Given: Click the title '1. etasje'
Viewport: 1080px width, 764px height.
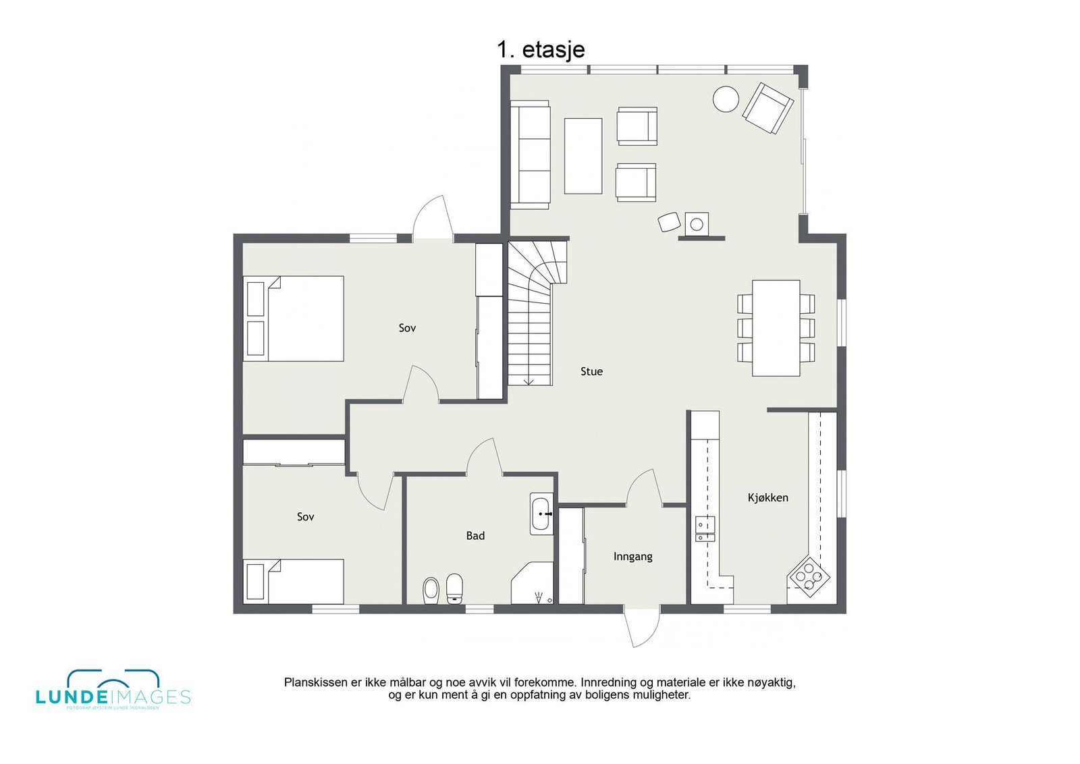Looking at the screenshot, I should point(541,49).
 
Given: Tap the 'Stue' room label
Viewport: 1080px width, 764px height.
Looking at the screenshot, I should point(591,371).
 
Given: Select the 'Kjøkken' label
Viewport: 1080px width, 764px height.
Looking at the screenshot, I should point(767,497).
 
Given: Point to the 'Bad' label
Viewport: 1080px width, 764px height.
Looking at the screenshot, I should point(475,535).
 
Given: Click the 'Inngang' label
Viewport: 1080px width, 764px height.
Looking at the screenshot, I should point(632,557).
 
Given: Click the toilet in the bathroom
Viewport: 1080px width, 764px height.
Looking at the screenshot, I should point(454,588).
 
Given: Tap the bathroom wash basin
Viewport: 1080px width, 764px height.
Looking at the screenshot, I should point(541,514).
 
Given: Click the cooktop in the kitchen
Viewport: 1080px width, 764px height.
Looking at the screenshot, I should point(809,577).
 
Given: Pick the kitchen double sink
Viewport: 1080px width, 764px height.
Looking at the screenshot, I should point(705,528).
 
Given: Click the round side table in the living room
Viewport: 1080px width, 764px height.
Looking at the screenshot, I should point(726,99).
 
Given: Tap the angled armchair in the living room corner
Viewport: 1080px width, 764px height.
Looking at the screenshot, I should point(767,108).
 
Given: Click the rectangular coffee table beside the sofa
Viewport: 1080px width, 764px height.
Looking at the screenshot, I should point(583,156).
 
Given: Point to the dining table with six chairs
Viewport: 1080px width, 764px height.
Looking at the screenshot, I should point(776,328).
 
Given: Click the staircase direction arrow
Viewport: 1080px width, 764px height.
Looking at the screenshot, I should point(529,381).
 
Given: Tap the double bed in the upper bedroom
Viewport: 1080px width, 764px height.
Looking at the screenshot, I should point(295,318).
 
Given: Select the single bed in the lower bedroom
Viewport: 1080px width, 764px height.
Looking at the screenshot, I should point(294,580).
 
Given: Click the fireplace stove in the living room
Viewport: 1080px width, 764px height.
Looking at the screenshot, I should point(697,223).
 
